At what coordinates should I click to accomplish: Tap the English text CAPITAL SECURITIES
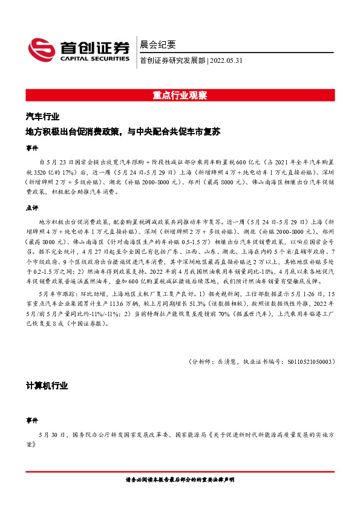click(x=94, y=59)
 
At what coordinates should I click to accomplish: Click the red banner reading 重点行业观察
click(x=180, y=96)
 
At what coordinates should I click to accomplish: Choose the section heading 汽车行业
click(x=42, y=117)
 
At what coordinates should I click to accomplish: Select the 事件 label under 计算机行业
click(x=31, y=419)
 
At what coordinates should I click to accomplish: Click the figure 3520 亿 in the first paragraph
click(x=54, y=171)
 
